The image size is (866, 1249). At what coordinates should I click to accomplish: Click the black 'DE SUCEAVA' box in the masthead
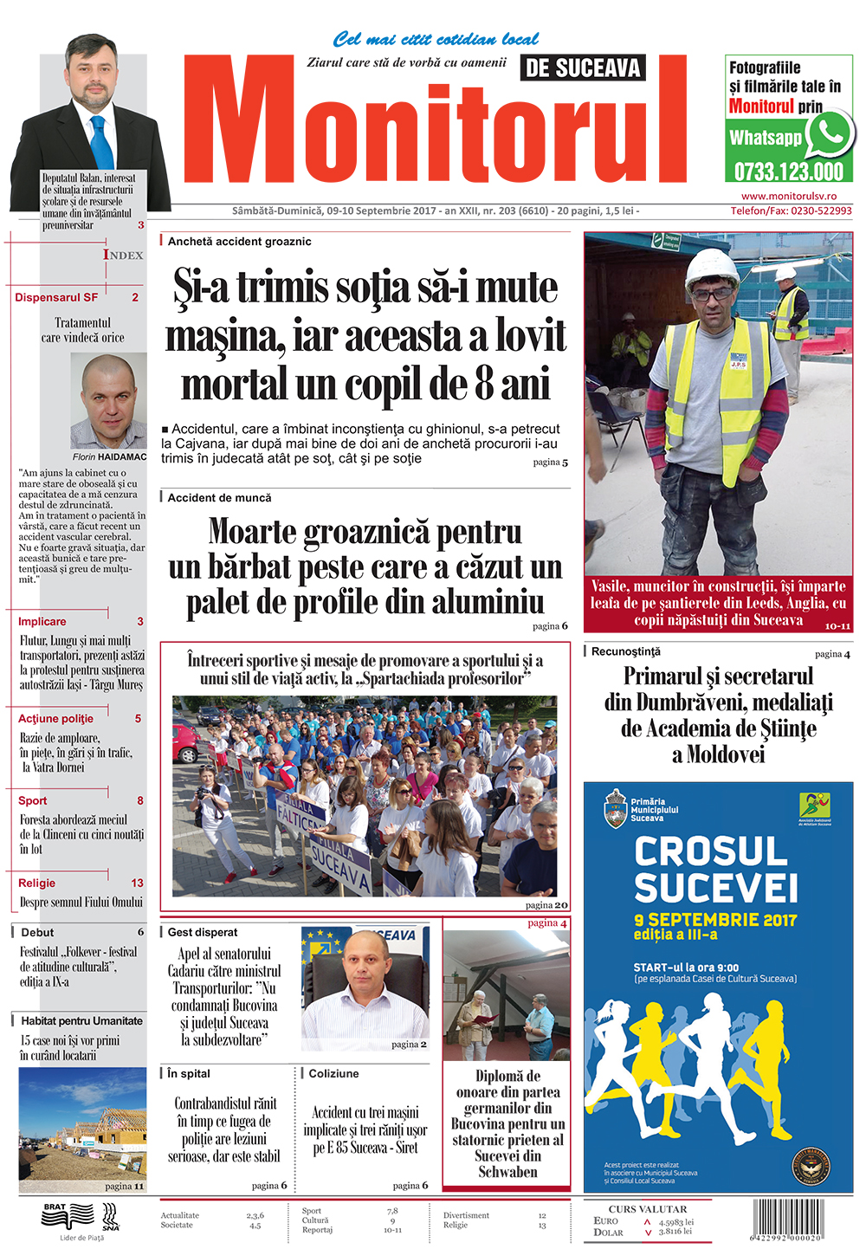[x=583, y=68]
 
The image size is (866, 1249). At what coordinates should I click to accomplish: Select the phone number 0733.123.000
[x=788, y=171]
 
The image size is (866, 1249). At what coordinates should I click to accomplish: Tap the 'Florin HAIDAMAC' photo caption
[x=110, y=456]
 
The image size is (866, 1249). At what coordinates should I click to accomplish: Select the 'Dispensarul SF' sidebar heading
[x=56, y=297]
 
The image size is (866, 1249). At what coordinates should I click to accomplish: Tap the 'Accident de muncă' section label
[x=219, y=498]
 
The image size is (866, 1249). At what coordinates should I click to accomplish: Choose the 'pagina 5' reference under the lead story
[x=550, y=463]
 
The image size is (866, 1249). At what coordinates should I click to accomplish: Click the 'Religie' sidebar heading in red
[x=37, y=883]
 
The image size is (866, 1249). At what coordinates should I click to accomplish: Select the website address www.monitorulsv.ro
[x=789, y=197]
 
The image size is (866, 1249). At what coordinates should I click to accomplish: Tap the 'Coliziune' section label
[x=333, y=1073]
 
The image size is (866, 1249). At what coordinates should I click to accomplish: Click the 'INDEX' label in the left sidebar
[x=123, y=255]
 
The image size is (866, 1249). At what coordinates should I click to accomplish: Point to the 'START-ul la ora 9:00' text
[x=686, y=967]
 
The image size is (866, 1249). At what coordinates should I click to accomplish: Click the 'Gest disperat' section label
[x=203, y=932]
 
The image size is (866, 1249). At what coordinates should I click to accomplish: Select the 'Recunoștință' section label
[x=625, y=651]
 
